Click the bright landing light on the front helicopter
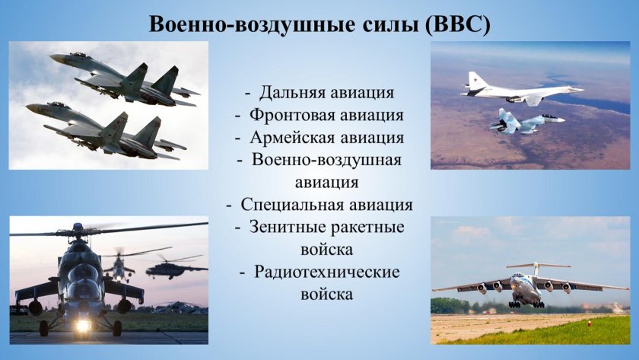click(82, 325)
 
